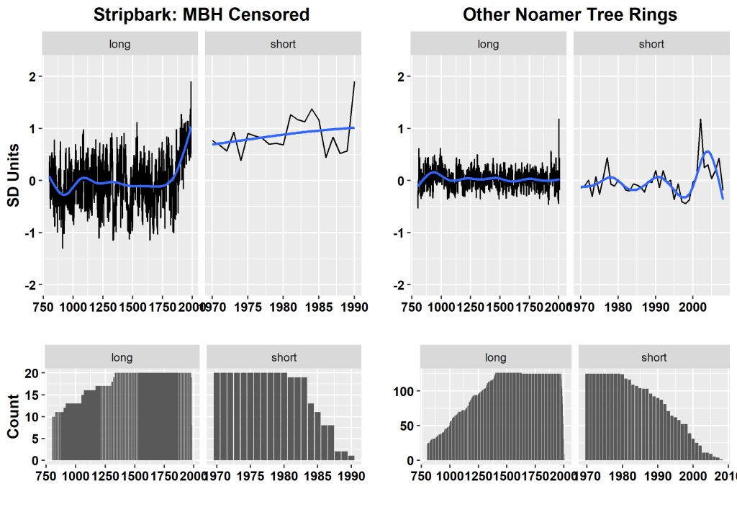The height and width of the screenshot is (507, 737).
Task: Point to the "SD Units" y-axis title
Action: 14,173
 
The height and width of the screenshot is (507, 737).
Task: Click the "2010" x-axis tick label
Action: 726,475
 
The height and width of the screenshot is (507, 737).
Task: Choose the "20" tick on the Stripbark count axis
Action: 32,373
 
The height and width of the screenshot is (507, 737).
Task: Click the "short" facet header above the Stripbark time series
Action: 283,44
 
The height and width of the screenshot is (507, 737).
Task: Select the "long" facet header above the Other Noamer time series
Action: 488,44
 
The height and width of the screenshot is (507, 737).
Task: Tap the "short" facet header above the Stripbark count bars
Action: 284,357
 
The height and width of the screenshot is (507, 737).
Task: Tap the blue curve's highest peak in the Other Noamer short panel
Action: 707,151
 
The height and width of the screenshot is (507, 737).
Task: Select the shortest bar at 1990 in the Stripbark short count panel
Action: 351,457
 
